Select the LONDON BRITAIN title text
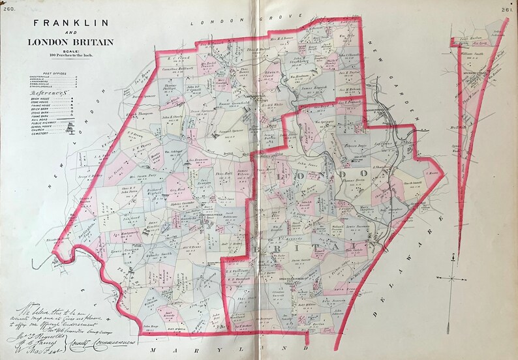click(70, 42)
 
